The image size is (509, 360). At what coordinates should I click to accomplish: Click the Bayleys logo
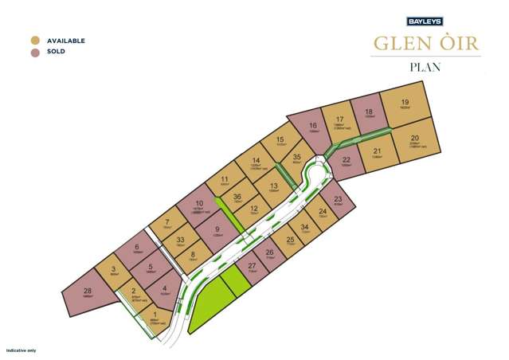pyautogui.click(x=425, y=22)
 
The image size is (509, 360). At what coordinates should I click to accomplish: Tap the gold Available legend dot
pyautogui.click(x=35, y=41)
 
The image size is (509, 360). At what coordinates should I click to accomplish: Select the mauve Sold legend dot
pyautogui.click(x=35, y=52)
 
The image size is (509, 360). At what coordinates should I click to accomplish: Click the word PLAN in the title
pyautogui.click(x=425, y=68)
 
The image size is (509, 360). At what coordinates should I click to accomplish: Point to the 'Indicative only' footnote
pyautogui.click(x=22, y=350)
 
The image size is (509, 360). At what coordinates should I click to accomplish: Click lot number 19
pyautogui.click(x=405, y=102)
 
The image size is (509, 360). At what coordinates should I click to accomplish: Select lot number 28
pyautogui.click(x=88, y=291)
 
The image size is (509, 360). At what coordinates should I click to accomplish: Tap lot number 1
pyautogui.click(x=154, y=315)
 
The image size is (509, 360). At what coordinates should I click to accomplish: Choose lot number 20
pyautogui.click(x=414, y=138)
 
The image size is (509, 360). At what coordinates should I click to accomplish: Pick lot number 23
pyautogui.click(x=338, y=199)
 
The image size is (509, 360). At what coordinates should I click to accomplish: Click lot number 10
pyautogui.click(x=198, y=204)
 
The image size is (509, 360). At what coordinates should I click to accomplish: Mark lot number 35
pyautogui.click(x=297, y=158)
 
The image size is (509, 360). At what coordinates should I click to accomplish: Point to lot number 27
pyautogui.click(x=252, y=266)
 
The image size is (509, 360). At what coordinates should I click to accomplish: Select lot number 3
pyautogui.click(x=114, y=269)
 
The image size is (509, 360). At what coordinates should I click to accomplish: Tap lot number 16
pyautogui.click(x=314, y=125)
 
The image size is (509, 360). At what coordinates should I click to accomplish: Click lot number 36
pyautogui.click(x=237, y=197)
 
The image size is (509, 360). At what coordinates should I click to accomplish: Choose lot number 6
pyautogui.click(x=137, y=247)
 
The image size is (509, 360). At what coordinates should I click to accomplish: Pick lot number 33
pyautogui.click(x=181, y=239)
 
